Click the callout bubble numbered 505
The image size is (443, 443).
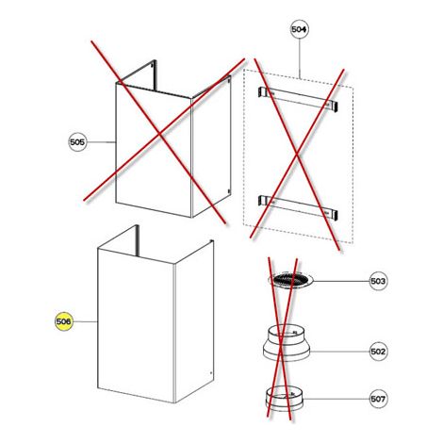(x=77, y=142)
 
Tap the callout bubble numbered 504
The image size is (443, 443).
(x=299, y=29)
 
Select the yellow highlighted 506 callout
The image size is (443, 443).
(x=64, y=321)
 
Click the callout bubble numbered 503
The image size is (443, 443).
(x=378, y=281)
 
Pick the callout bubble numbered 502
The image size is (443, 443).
(x=378, y=352)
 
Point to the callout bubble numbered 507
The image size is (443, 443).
(x=378, y=399)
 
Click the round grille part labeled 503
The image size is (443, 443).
(x=290, y=280)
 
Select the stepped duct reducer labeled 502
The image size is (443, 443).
(x=287, y=343)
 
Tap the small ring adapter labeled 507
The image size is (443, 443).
(x=285, y=400)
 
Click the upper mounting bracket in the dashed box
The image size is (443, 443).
(x=298, y=99)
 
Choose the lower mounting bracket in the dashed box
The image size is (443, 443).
(x=298, y=207)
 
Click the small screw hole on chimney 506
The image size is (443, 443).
(x=211, y=373)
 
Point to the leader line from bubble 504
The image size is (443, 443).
(x=299, y=58)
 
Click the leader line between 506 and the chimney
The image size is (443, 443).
(x=85, y=321)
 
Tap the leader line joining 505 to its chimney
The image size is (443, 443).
(x=101, y=142)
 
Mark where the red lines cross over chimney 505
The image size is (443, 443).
(x=159, y=134)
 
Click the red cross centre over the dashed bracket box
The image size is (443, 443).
(x=297, y=154)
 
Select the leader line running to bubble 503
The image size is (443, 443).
(x=341, y=281)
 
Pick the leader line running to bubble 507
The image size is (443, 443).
(x=336, y=399)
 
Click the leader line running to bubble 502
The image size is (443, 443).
(x=339, y=352)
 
